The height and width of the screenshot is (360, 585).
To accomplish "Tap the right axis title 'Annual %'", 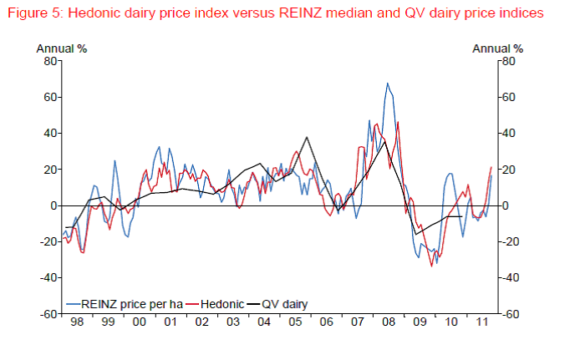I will click(x=498, y=48).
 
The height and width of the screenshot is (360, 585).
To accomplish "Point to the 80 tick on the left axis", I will click(x=49, y=61).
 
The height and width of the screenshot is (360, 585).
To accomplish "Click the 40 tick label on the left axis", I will click(x=49, y=134).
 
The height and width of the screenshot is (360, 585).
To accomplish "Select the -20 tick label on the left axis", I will click(x=47, y=242).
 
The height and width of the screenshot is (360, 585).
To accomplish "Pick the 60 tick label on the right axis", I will click(x=509, y=98).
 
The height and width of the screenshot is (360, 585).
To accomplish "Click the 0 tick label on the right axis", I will click(x=506, y=206).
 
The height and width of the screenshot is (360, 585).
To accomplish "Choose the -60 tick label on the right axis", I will click(x=511, y=315).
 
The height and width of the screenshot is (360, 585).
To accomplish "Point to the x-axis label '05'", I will click(x=294, y=322).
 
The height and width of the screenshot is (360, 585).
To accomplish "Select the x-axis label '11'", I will click(x=481, y=322).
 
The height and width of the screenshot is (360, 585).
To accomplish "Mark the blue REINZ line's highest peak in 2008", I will click(x=387, y=84).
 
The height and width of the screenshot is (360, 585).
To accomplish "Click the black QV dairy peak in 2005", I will click(x=307, y=137).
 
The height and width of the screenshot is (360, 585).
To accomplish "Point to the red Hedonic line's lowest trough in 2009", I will click(x=432, y=266).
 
